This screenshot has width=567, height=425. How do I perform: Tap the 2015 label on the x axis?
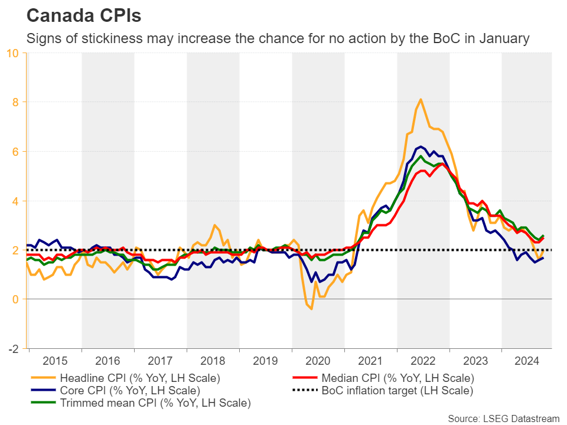(x=56, y=359)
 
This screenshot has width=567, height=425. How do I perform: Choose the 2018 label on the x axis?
(x=213, y=359)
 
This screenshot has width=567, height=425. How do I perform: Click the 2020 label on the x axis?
(x=318, y=359)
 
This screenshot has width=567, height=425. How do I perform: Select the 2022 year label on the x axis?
(x=423, y=359)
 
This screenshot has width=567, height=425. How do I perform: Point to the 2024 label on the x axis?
(x=528, y=359)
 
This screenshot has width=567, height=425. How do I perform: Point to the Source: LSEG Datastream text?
(x=503, y=419)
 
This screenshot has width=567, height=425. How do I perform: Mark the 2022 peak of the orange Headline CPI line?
(x=421, y=99)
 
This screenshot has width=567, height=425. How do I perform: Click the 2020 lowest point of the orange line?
(x=311, y=309)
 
